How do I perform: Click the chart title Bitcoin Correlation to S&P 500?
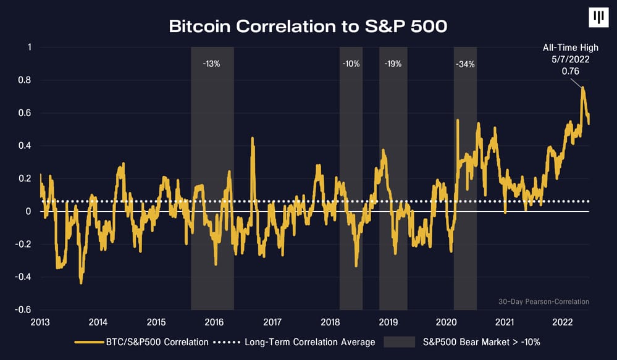point(308,27)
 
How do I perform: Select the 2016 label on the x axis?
point(213,322)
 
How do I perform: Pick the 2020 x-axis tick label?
point(447,322)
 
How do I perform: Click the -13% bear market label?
point(211,64)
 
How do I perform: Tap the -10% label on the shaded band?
point(351,64)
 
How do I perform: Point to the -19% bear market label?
point(393,64)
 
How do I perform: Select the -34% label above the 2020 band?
point(465,64)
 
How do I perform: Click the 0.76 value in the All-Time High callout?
point(570,71)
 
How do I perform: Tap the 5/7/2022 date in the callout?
point(570,59)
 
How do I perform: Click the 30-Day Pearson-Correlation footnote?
point(544,301)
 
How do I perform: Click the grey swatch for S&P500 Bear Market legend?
point(399,341)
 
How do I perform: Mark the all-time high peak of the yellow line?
point(582,88)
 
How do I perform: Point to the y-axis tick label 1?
point(29,48)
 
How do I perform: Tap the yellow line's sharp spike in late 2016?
point(253,138)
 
